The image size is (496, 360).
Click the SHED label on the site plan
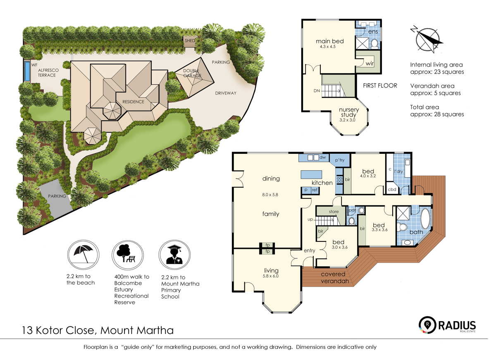[x=189, y=41]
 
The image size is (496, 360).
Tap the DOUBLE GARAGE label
[x=192, y=73]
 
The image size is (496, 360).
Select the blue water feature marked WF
[x=27, y=71]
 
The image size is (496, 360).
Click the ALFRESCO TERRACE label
[x=48, y=73]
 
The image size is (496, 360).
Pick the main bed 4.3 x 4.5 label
[x=329, y=43]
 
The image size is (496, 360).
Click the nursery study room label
[x=348, y=112]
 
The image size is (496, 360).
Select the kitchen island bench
[x=311, y=174]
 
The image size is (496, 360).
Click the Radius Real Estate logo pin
[x=426, y=324]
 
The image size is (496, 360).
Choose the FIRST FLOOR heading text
[x=379, y=86]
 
